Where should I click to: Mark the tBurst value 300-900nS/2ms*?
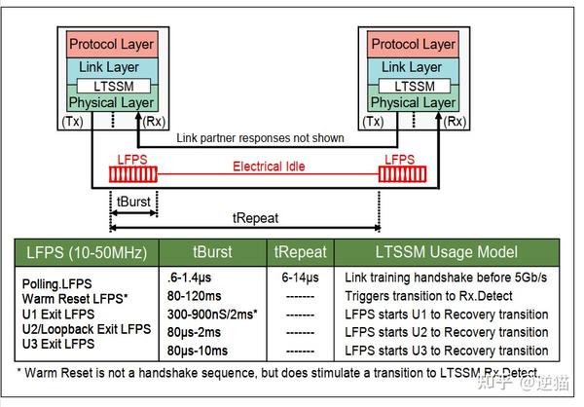[x=213, y=315]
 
